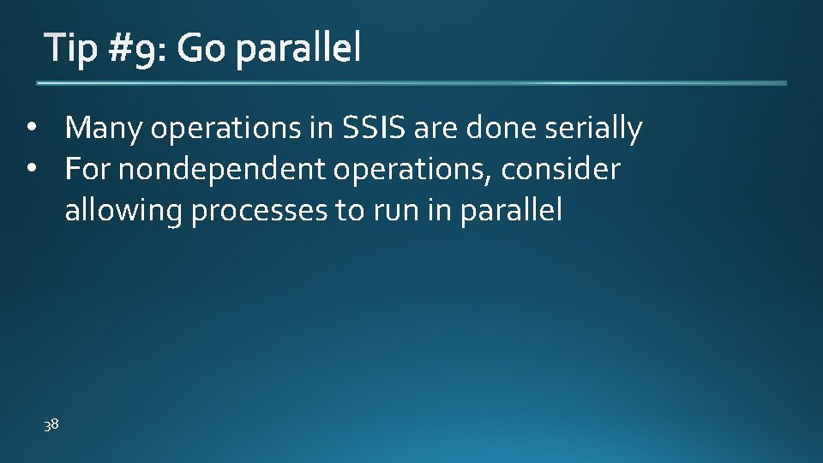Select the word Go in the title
[201, 50]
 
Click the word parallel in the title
[297, 50]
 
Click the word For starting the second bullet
[88, 169]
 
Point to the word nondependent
[222, 170]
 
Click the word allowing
[123, 211]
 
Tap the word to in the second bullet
[350, 210]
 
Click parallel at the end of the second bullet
[511, 210]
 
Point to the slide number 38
[51, 424]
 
